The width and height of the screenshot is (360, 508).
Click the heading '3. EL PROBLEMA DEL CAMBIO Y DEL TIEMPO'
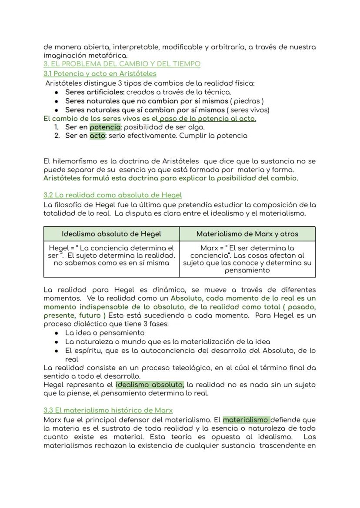click(122, 64)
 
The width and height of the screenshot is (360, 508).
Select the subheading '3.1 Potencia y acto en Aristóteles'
click(100, 74)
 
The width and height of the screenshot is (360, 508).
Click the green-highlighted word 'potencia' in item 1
click(105, 127)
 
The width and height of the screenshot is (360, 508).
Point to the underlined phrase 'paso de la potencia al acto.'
click(207, 119)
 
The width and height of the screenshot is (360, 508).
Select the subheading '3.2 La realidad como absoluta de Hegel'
click(113, 195)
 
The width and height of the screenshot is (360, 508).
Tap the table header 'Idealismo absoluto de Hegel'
click(111, 234)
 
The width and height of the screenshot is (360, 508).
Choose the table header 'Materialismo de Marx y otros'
click(247, 234)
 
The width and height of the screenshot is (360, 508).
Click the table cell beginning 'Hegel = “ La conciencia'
click(111, 256)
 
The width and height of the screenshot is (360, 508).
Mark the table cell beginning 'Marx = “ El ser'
click(247, 259)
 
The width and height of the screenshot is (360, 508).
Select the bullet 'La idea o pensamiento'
click(105, 333)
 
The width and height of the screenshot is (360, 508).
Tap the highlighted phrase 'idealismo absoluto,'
click(150, 385)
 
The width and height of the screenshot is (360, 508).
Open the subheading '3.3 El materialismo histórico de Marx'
click(108, 410)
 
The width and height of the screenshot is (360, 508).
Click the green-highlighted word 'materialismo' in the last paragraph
click(246, 420)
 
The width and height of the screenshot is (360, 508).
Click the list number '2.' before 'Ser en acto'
click(57, 136)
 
